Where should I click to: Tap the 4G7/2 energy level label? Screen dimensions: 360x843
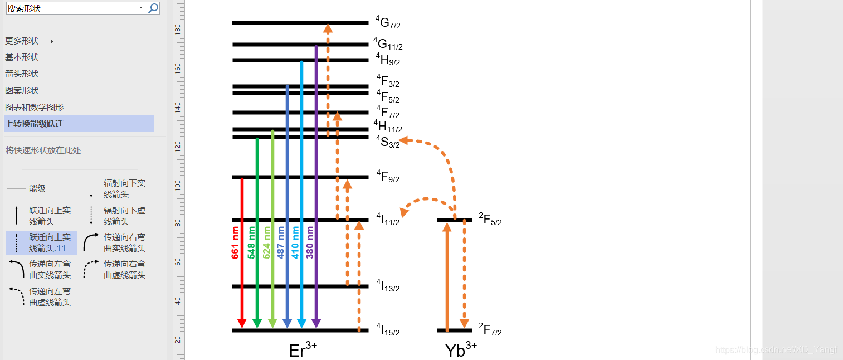click(x=388, y=22)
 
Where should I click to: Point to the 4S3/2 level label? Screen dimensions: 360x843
click(x=387, y=142)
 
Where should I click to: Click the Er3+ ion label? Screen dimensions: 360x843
click(x=303, y=349)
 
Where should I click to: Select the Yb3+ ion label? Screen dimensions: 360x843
click(x=461, y=349)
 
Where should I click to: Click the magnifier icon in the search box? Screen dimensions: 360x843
click(x=153, y=8)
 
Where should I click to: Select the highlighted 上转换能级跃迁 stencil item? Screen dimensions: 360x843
click(x=35, y=124)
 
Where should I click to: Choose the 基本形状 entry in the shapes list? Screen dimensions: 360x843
click(x=22, y=57)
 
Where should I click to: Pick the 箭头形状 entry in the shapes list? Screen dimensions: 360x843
click(x=22, y=74)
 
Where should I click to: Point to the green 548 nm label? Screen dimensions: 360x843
click(x=251, y=243)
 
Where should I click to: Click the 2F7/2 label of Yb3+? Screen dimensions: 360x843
click(x=490, y=329)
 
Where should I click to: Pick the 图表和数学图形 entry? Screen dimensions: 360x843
click(x=34, y=107)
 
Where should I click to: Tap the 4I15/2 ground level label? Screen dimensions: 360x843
click(x=387, y=329)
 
